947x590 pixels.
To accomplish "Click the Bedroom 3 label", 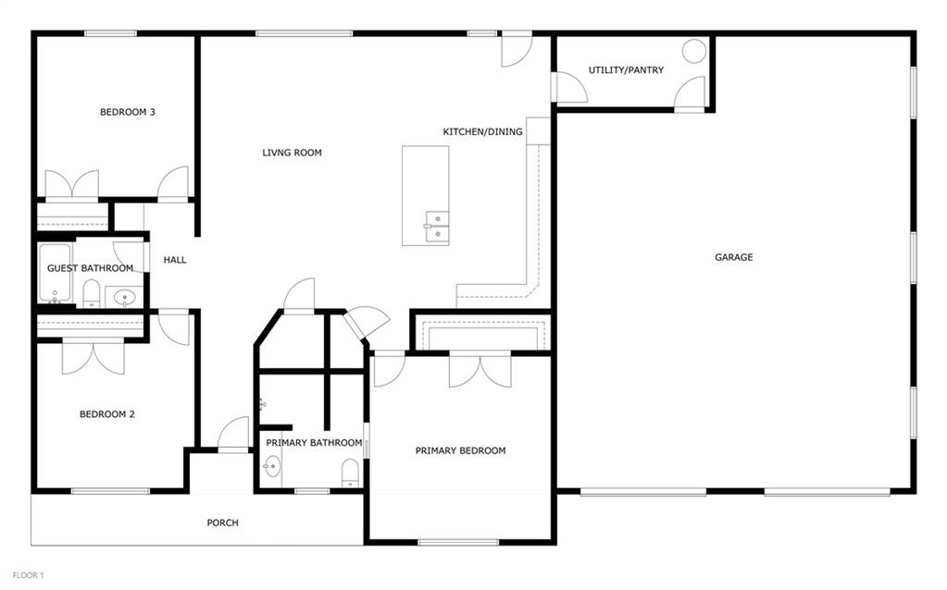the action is click(x=128, y=112).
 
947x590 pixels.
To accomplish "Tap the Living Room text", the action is click(x=292, y=153).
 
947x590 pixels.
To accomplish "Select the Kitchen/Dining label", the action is click(x=482, y=131).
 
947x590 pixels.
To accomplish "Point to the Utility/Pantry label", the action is click(x=626, y=70).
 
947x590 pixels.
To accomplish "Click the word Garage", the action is click(x=734, y=257).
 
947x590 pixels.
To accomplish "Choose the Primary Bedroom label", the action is click(x=460, y=450).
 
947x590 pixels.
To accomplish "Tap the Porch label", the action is click(x=222, y=522).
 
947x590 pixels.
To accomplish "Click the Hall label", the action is click(x=175, y=260).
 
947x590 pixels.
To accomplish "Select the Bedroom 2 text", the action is click(x=106, y=414).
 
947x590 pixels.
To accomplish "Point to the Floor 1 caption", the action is click(x=29, y=575).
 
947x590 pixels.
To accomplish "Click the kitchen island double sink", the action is click(x=437, y=227).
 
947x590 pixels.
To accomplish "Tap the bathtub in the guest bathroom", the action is click(x=55, y=273).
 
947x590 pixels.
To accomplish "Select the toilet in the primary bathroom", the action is click(x=350, y=473).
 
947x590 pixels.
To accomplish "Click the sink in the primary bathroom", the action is click(x=272, y=466).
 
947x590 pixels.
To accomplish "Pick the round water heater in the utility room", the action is click(x=694, y=51).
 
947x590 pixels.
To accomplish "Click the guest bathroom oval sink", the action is click(x=124, y=297).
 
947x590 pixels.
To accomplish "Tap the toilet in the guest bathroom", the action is click(x=92, y=294).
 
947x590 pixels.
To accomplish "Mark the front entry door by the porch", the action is click(x=233, y=435).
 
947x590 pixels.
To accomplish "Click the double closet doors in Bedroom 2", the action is click(x=93, y=357).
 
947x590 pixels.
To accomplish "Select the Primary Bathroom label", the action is click(x=314, y=443).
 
